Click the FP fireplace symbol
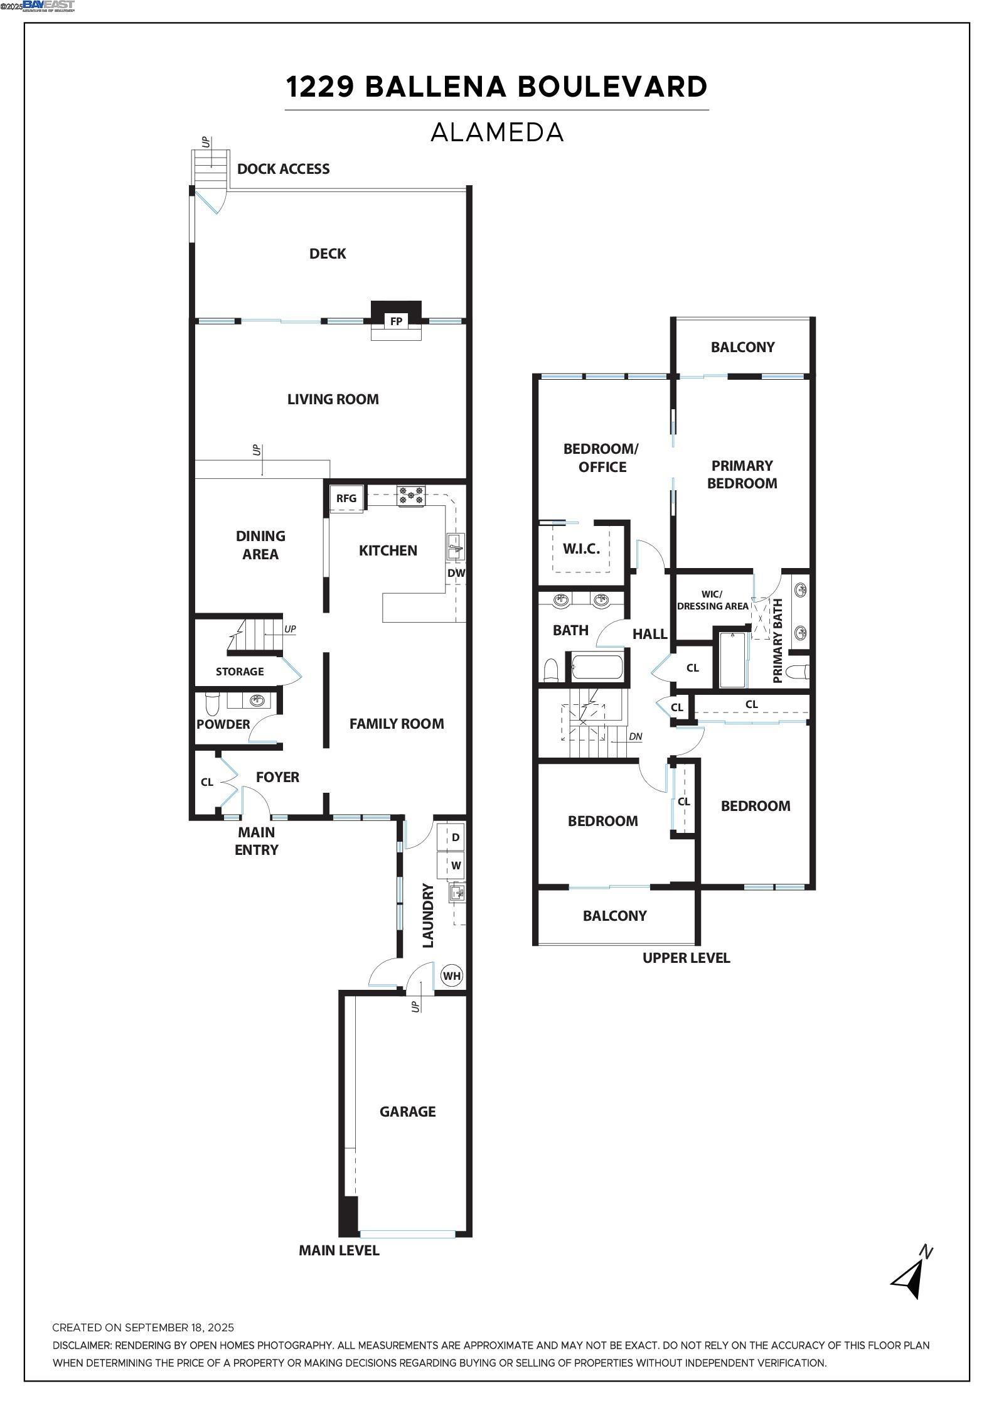coord(396,321)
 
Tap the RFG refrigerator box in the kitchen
coord(346,498)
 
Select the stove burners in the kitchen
coord(411,496)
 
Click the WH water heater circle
coord(451,976)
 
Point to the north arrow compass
coord(912,1272)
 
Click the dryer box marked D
coord(456,837)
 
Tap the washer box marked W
coord(456,866)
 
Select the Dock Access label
coord(284,169)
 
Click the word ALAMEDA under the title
coord(497,132)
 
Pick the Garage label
coord(407,1112)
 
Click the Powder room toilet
coord(212,704)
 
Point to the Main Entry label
coord(257,841)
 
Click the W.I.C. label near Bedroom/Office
coord(581,549)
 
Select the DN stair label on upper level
coord(636,736)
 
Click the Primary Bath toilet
coord(797,672)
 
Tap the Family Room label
coord(397,724)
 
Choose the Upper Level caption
coord(687,958)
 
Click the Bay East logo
coord(48,6)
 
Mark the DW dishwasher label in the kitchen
coord(456,573)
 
